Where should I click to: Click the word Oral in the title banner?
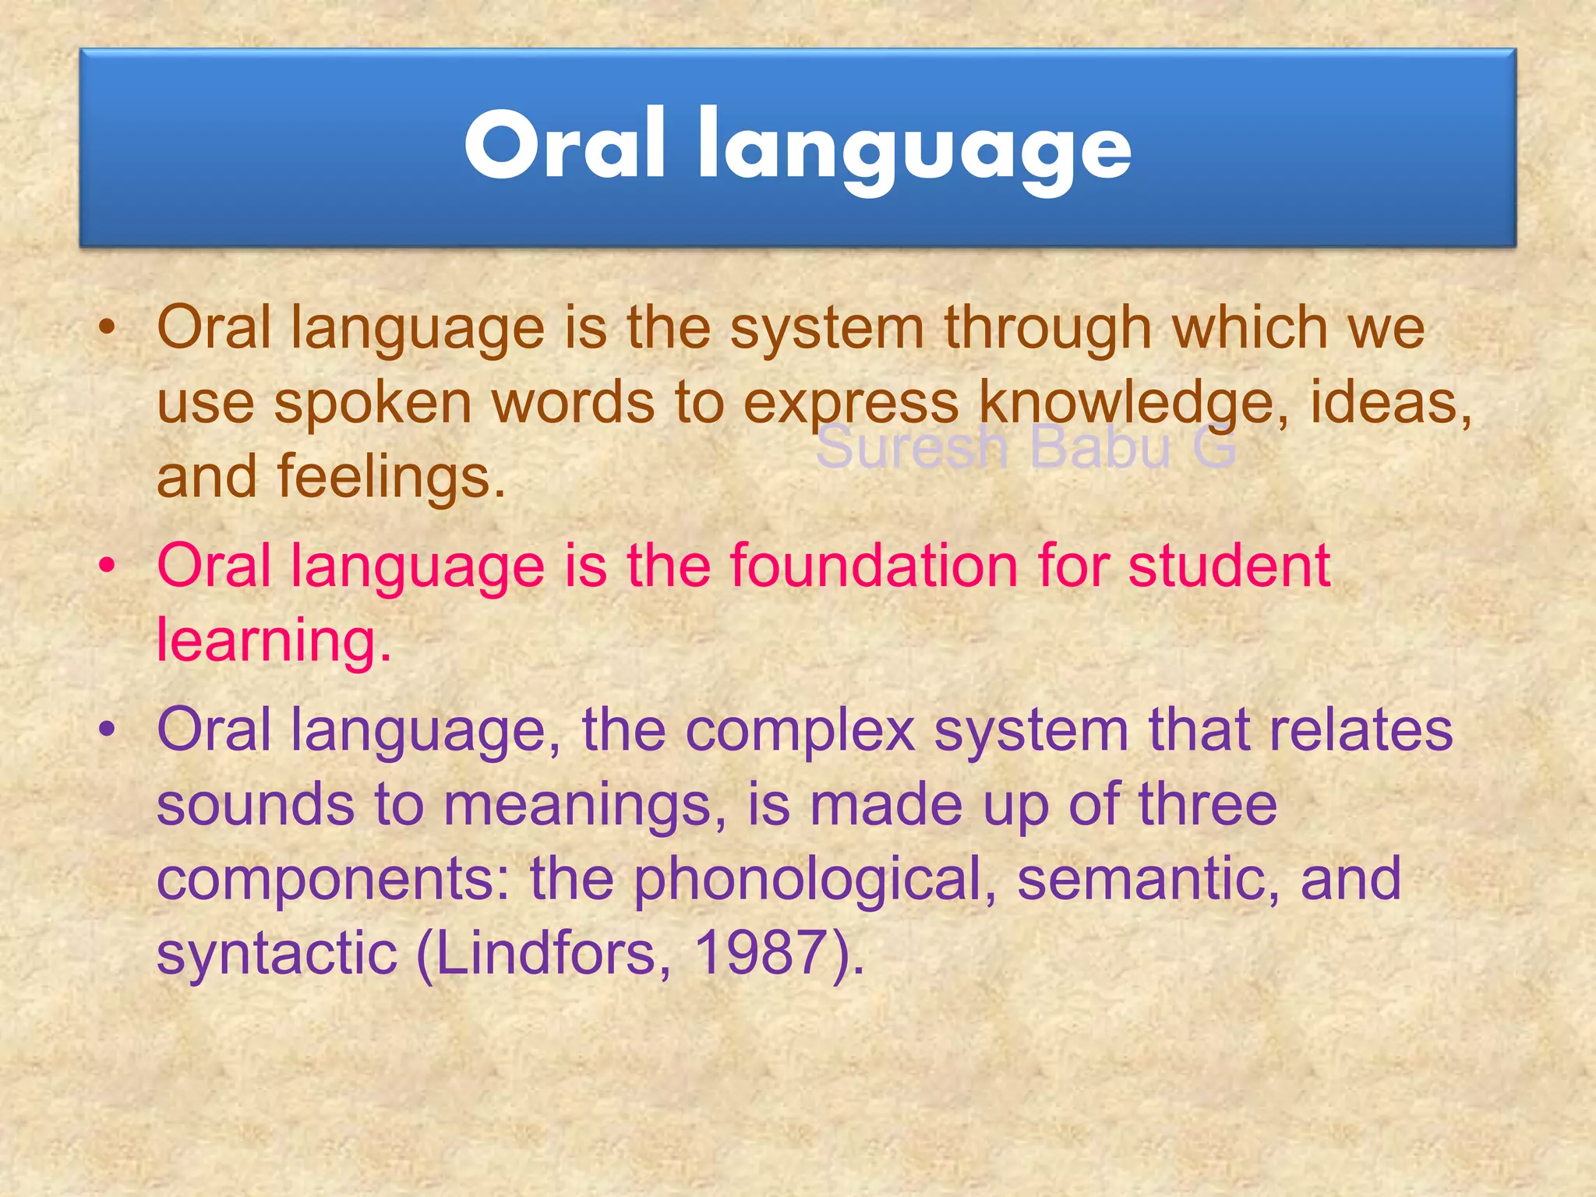pos(564,145)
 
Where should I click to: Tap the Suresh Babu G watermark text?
pos(1026,448)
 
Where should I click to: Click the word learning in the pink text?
pos(273,639)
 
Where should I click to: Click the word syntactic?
pos(277,954)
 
